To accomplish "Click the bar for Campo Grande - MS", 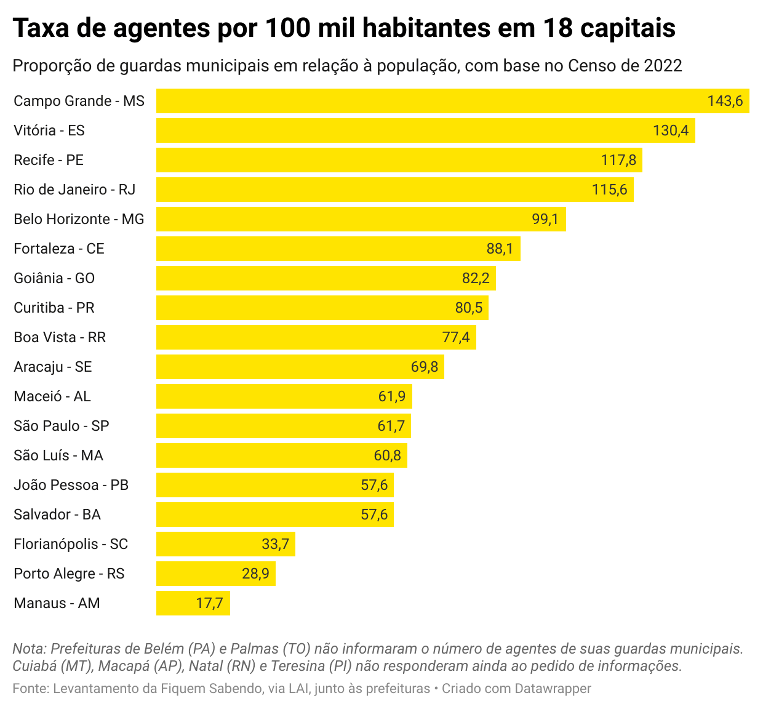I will (431, 101).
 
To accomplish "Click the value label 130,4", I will (671, 130).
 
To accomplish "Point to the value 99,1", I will (545, 219).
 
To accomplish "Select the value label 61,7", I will (391, 426).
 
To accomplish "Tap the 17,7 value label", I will (209, 603).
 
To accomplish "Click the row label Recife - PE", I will (49, 160).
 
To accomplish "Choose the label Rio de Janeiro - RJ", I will (74, 190).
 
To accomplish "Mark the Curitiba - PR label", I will (54, 308).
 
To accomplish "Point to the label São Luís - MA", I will (58, 455).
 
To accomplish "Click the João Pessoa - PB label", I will (71, 485).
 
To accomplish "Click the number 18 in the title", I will (557, 28).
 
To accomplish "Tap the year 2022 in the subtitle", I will (663, 66).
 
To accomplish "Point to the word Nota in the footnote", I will (28, 649).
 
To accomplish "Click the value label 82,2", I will (476, 278).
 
